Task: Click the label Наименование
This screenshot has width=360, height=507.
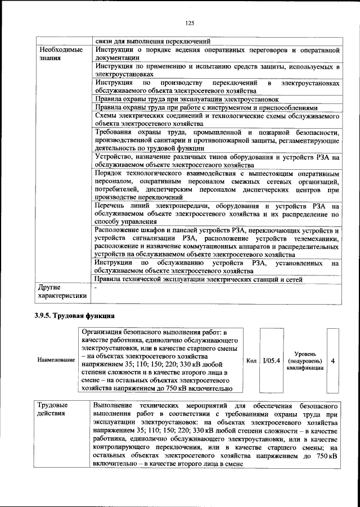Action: coord(55,359)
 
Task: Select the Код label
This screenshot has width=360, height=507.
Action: coord(251,359)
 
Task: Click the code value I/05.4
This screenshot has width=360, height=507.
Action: coord(271,359)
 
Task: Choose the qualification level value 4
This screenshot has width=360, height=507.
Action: coord(333,359)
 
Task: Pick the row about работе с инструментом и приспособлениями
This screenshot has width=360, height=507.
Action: coord(206,107)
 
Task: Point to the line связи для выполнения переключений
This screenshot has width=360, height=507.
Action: coord(152,40)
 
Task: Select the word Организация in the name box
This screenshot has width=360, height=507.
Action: coord(105,333)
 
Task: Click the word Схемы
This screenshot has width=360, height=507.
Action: coord(107,116)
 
